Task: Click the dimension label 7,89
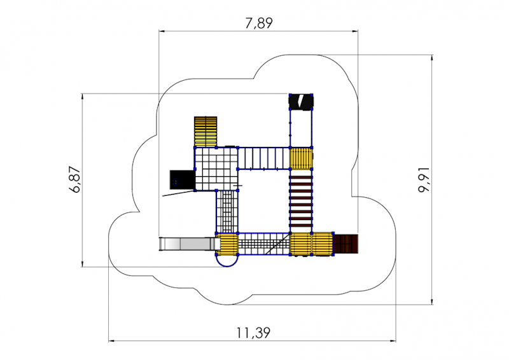pyautogui.click(x=259, y=23)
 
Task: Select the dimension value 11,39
pyautogui.click(x=253, y=333)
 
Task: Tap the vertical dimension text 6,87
pyautogui.click(x=75, y=179)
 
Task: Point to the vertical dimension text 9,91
pyautogui.click(x=424, y=180)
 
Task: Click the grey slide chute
pyautogui.click(x=189, y=244)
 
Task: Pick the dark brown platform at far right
pyautogui.click(x=345, y=244)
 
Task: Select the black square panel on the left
pyautogui.click(x=182, y=180)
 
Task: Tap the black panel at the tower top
pyautogui.click(x=301, y=102)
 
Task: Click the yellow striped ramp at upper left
pyautogui.click(x=206, y=132)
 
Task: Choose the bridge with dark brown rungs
pyautogui.click(x=300, y=201)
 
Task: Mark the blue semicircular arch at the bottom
pyautogui.click(x=227, y=261)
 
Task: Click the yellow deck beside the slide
pyautogui.click(x=227, y=244)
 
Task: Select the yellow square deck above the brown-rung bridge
pyautogui.click(x=301, y=158)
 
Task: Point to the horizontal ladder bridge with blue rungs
pyautogui.click(x=263, y=158)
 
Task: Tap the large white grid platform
pyautogui.click(x=216, y=169)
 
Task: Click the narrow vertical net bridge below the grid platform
pyautogui.click(x=227, y=212)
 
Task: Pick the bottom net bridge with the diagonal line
pyautogui.click(x=264, y=244)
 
